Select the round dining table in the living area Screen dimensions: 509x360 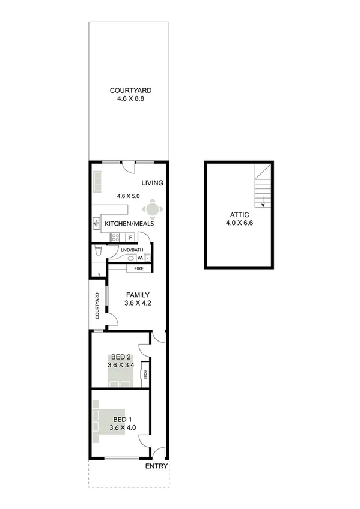pos(152,209)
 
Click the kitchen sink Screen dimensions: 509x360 pos(96,224)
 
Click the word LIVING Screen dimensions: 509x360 pos(153,183)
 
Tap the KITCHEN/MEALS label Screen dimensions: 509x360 pos(129,224)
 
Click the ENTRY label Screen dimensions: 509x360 pos(156,466)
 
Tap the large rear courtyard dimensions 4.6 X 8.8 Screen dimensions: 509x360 pos(126,100)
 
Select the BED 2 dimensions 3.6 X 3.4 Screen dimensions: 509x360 pos(120,364)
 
